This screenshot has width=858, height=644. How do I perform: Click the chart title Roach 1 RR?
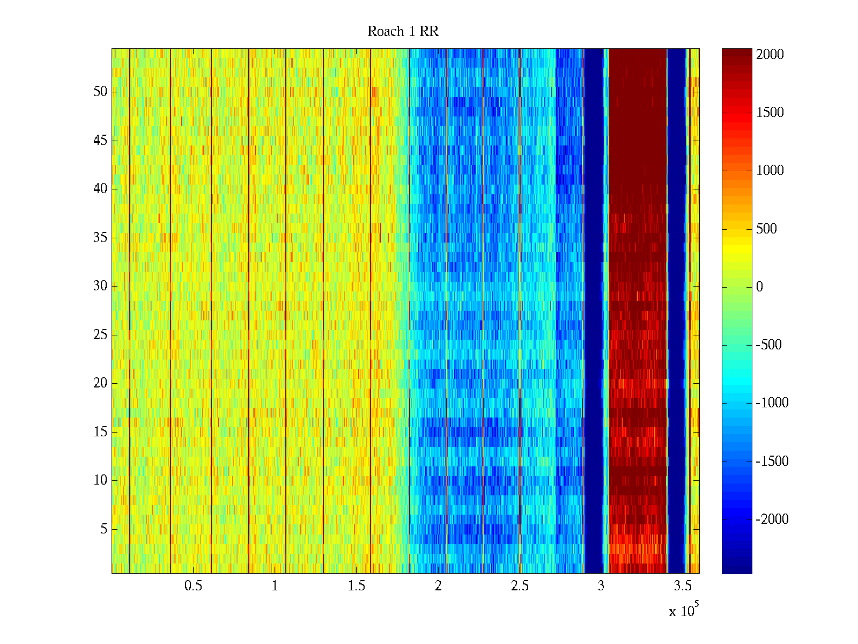[403, 32]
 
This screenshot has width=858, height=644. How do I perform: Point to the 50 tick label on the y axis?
[100, 92]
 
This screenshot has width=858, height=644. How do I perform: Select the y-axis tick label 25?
[100, 335]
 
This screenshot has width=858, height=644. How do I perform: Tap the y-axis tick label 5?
[103, 529]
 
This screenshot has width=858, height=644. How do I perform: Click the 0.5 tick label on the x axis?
[193, 586]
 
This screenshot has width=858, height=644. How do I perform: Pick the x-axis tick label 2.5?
[520, 586]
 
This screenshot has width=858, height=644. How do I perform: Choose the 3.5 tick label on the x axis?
[683, 586]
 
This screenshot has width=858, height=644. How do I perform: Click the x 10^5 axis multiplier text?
[684, 611]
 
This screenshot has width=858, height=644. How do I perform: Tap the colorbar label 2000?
[770, 55]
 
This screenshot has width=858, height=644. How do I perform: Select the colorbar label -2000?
[772, 519]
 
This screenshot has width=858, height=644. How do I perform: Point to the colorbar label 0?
[759, 287]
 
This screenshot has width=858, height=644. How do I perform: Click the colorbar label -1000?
[772, 403]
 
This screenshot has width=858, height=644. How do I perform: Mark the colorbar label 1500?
[770, 113]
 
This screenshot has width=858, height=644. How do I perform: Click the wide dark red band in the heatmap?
[637, 215]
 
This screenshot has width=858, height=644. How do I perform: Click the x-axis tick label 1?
[275, 586]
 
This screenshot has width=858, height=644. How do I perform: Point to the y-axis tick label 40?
[100, 189]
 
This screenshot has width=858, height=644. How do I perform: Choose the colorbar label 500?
[766, 229]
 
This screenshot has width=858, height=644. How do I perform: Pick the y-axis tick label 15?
[100, 432]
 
